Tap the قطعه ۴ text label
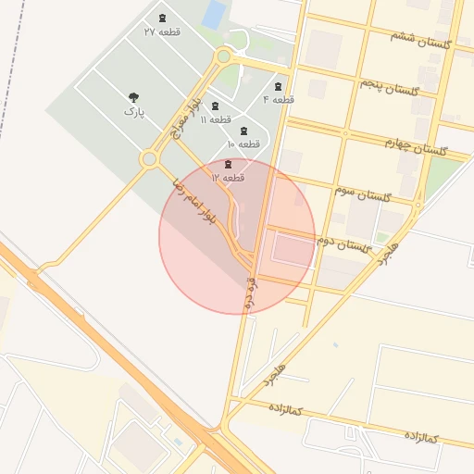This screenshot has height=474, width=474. (278, 99)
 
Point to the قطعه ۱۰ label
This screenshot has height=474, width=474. (243, 144)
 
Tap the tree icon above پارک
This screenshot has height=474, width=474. (134, 96)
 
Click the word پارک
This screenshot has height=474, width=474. (134, 112)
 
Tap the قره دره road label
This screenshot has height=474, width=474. (249, 289)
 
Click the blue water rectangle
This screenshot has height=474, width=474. (215, 14)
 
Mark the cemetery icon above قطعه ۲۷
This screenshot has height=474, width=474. (163, 19)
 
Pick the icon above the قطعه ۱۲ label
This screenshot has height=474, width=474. (228, 164)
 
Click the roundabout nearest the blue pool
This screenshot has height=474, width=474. (222, 56)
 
